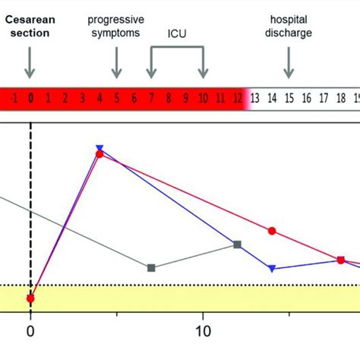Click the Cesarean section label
(30, 24)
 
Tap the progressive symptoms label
(116, 24)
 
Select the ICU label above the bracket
(177, 34)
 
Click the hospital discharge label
(288, 24)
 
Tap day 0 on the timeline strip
(30, 97)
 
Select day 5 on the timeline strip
(116, 97)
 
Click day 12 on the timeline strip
(237, 97)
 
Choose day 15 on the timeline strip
(289, 97)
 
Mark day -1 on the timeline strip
(13, 97)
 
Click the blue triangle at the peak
(99, 148)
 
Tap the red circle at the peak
(99, 155)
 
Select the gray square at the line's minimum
(151, 267)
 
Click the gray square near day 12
(237, 244)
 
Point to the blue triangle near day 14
(272, 268)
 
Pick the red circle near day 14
(272, 230)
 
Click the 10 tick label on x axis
(203, 331)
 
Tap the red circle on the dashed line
(30, 298)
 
